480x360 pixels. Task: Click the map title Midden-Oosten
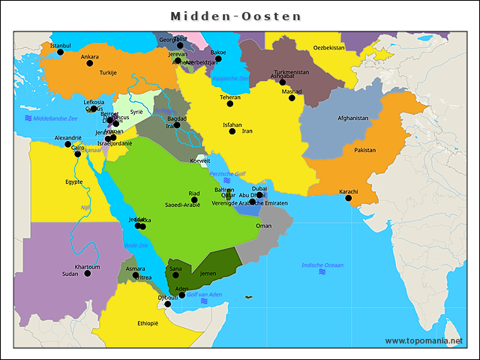click(x=235, y=16)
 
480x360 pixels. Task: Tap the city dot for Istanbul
click(x=61, y=52)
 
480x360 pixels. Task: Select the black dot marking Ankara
click(x=90, y=64)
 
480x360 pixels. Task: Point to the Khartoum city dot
click(x=87, y=274)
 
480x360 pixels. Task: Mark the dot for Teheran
click(x=230, y=103)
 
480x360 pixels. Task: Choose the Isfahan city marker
click(x=232, y=131)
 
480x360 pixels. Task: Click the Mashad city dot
click(x=292, y=98)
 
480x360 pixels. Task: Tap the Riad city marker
click(x=194, y=200)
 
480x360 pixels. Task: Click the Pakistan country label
click(x=364, y=150)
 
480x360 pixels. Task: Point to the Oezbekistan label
click(x=328, y=47)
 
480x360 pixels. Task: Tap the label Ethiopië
click(x=148, y=323)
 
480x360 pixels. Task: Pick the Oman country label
click(x=264, y=225)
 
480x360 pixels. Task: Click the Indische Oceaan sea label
click(x=322, y=265)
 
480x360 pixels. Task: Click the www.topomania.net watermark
click(x=424, y=340)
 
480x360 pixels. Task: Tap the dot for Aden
click(x=181, y=295)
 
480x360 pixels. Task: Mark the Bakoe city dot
click(x=218, y=58)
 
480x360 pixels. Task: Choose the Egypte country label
click(x=73, y=181)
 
